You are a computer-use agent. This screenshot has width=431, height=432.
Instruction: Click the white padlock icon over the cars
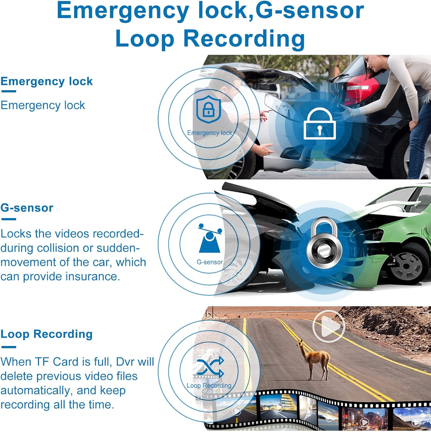[x=320, y=124]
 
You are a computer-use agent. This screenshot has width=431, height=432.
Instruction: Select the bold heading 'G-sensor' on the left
[x=27, y=208]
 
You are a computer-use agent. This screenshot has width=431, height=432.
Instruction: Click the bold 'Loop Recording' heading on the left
[x=47, y=334]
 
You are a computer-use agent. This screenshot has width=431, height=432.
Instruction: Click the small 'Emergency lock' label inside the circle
[x=209, y=133]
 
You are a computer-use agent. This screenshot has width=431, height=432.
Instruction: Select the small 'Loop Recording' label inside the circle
[x=209, y=386]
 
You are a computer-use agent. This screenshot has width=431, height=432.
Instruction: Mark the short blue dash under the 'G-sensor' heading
[x=9, y=219]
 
